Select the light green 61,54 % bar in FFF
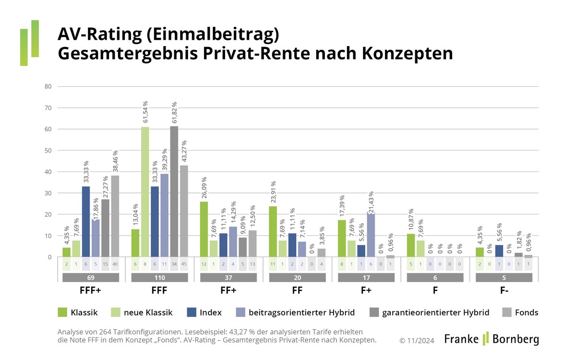145,192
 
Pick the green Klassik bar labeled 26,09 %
204,229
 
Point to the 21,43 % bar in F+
371,235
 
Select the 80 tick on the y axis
48,87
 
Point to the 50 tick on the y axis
48,151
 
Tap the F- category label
504,291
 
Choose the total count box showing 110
159,277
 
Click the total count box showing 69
91,277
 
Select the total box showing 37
228,277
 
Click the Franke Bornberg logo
491,338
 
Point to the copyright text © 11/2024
417,340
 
